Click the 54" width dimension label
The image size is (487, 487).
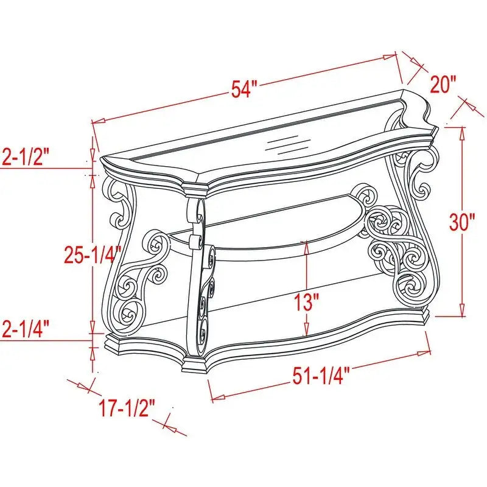pyautogui.click(x=241, y=89)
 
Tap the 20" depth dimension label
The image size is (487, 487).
pyautogui.click(x=443, y=83)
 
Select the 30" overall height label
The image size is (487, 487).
pyautogui.click(x=462, y=222)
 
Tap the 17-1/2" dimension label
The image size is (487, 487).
pyautogui.click(x=128, y=406)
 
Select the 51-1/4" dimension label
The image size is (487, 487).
pyautogui.click(x=318, y=377)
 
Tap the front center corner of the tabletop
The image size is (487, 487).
pyautogui.click(x=196, y=186)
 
